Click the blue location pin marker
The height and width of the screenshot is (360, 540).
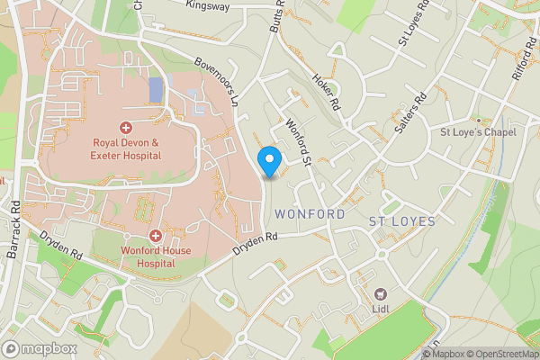(269, 160)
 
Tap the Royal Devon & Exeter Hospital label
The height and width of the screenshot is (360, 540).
(126, 148)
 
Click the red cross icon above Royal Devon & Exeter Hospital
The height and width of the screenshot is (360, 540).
(126, 127)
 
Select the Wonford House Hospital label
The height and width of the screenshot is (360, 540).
(155, 257)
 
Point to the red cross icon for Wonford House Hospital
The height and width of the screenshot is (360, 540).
(155, 236)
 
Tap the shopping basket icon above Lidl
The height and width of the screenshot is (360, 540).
(381, 294)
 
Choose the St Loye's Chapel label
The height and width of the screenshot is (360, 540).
(477, 133)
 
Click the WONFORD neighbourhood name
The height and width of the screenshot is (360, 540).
(310, 214)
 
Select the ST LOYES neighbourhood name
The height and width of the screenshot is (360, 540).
(402, 220)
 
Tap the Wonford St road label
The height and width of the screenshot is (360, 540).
(297, 142)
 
